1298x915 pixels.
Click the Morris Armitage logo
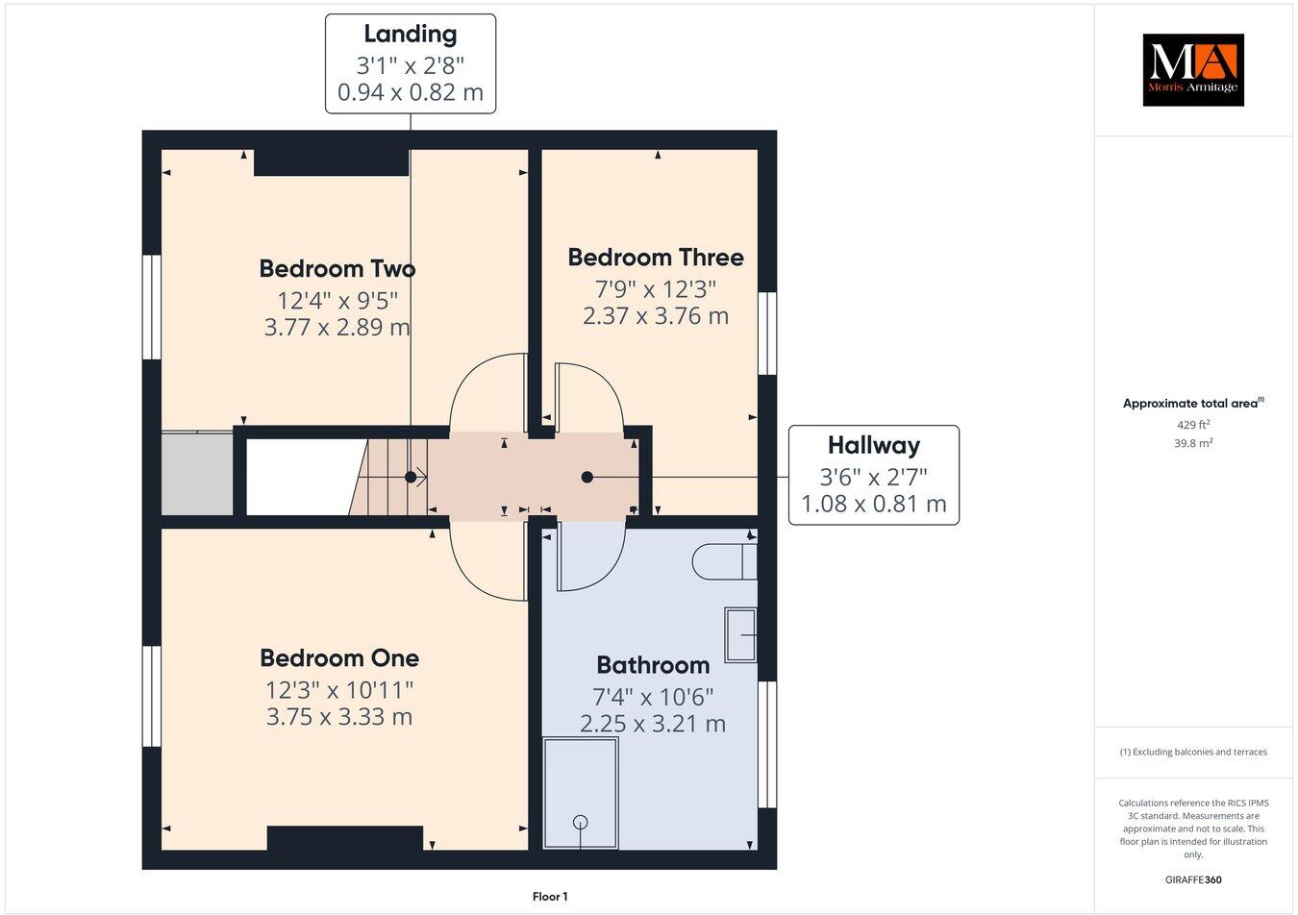[x=1192, y=69]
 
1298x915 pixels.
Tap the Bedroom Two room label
[x=337, y=268]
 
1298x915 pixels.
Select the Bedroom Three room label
[x=655, y=258]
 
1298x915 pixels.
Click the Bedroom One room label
[x=339, y=658]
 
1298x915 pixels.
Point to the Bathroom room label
[x=653, y=665]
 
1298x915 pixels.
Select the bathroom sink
[x=740, y=634]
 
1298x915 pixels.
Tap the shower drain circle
[x=580, y=822]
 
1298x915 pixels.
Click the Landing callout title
[x=410, y=34]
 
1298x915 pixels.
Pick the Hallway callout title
[x=873, y=445]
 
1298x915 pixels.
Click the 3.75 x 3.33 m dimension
[x=339, y=717]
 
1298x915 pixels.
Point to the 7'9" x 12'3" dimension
[x=655, y=287]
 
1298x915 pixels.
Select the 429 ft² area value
[x=1192, y=424]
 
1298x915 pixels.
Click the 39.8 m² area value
[x=1192, y=443]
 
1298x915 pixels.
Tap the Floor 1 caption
[x=550, y=897]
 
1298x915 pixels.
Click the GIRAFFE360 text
[x=1193, y=879]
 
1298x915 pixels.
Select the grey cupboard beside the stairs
[x=197, y=474]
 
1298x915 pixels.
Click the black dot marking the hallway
[x=587, y=477]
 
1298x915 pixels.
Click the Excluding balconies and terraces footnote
[x=1193, y=752]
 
